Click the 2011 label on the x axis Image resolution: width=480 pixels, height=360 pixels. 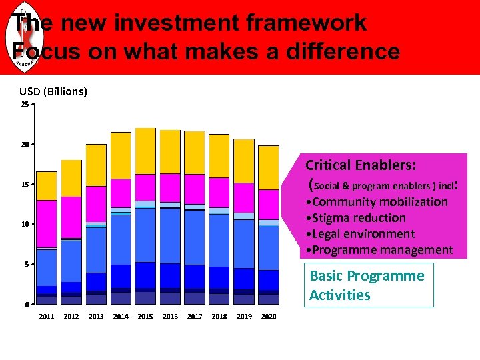(47, 317)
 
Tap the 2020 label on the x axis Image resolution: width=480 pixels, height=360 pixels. (269, 317)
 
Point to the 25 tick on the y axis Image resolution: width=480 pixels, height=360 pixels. (24, 105)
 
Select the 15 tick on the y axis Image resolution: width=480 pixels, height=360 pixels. (24, 185)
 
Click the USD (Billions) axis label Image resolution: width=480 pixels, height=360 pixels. (53, 91)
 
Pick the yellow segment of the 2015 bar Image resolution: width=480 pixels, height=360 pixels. (145, 151)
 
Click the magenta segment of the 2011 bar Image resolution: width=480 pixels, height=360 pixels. (47, 223)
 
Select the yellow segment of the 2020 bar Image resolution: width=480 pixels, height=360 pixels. (269, 167)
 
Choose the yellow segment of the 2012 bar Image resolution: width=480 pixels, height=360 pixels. (71, 178)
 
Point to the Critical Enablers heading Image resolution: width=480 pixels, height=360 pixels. (361, 165)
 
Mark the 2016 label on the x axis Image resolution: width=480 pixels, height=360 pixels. (170, 317)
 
